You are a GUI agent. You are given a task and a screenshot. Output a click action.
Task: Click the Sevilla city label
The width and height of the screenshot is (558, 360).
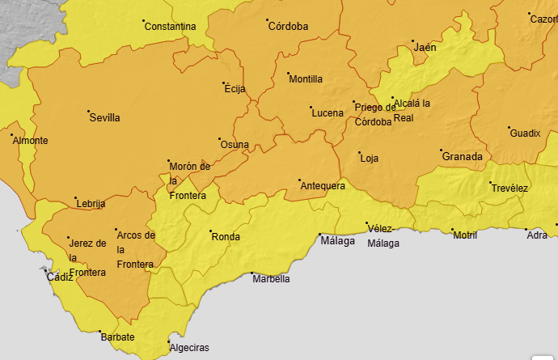105,118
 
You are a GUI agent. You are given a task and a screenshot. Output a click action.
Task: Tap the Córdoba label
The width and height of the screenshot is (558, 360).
288,27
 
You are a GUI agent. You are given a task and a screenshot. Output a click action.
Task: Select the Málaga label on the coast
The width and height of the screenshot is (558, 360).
337,241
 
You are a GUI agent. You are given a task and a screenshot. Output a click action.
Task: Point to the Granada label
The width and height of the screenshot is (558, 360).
462,157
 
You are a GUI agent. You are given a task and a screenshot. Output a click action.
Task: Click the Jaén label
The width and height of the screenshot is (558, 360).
425,48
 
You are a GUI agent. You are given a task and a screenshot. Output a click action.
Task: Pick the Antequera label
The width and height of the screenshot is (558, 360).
323,186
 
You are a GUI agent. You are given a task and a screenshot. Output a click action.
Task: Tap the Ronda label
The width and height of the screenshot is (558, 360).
226,237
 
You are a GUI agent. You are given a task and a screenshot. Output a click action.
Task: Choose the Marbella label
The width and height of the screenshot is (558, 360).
271,279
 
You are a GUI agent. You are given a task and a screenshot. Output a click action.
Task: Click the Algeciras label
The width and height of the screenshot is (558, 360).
188,348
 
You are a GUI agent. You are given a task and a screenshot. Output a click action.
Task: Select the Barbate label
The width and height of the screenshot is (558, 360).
117,337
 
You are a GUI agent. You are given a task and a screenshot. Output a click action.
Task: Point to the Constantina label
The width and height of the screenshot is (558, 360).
170,27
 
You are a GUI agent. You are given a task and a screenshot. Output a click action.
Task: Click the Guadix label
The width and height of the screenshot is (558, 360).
525,133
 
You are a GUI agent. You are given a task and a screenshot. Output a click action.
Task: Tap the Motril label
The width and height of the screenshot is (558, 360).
465,235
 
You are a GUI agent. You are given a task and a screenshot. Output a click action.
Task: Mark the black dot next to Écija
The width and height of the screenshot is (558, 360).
225,83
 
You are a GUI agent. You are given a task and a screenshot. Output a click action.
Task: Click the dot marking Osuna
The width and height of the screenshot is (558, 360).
220,140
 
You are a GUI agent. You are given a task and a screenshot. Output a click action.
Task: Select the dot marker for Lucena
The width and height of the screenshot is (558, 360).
311,107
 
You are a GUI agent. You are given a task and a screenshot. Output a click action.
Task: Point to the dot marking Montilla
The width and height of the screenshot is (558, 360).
289,74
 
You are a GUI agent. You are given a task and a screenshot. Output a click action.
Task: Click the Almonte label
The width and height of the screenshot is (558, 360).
30,141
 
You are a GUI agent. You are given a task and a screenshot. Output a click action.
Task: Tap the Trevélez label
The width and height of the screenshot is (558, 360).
509,188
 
